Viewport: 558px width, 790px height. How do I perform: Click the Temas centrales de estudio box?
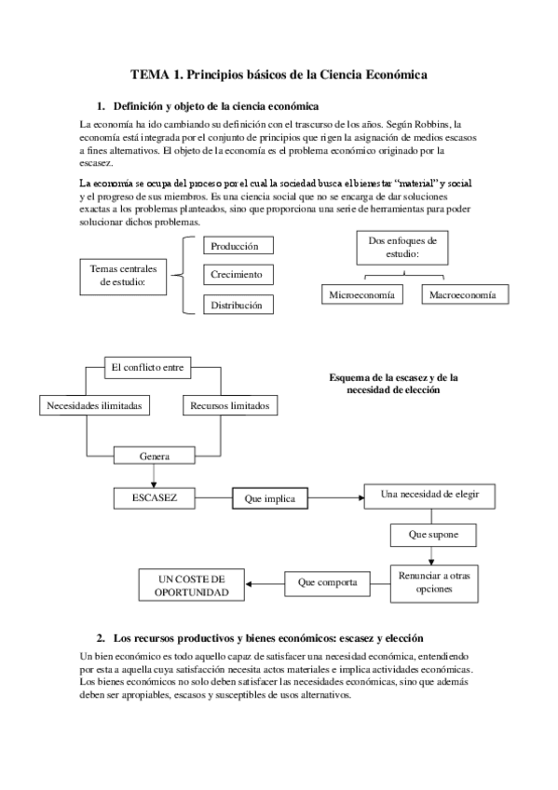123,275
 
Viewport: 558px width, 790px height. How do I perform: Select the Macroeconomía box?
464,294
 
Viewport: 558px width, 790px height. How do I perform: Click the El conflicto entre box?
146,367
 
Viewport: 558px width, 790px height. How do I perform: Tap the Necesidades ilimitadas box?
88,406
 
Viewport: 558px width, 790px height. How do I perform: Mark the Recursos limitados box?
230,406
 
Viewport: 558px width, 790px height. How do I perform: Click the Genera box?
154,456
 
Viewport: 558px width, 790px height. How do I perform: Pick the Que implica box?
269,498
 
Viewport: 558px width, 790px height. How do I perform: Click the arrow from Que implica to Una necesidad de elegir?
334,498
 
